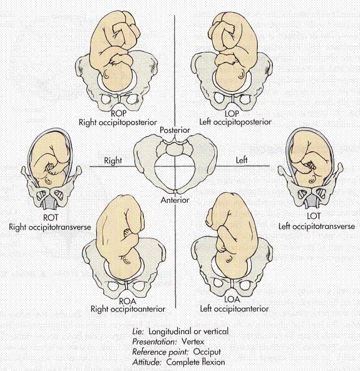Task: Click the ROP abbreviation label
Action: click(118, 114)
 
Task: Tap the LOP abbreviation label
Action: click(232, 113)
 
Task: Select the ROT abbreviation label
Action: click(51, 217)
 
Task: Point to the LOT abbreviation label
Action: click(314, 216)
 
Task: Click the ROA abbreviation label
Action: click(128, 301)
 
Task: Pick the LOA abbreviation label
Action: click(232, 300)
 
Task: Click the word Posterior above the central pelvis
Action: click(175, 130)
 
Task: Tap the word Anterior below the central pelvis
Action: click(175, 200)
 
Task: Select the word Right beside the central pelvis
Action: click(113, 161)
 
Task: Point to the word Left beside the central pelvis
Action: click(242, 160)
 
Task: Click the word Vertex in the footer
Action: click(193, 342)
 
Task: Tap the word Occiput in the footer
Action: click(207, 352)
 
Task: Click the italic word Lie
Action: click(138, 332)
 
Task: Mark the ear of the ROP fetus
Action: click(106, 75)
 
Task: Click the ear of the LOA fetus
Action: click(229, 260)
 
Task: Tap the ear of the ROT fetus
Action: click(49, 181)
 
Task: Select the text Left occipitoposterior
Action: click(235, 122)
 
